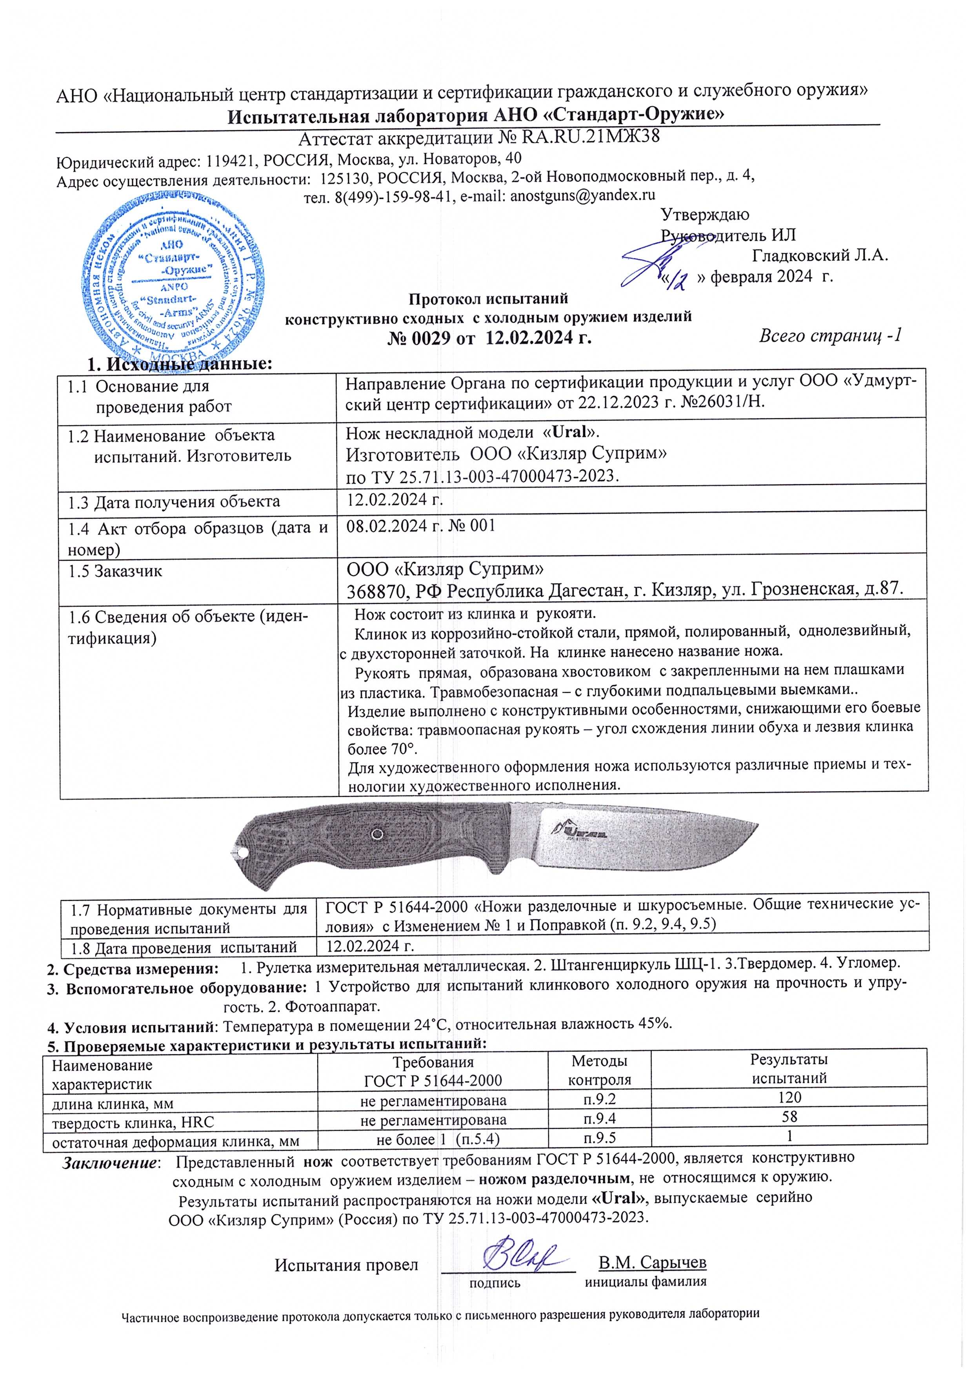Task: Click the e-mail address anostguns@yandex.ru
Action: point(582,195)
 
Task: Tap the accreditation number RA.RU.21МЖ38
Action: point(590,138)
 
